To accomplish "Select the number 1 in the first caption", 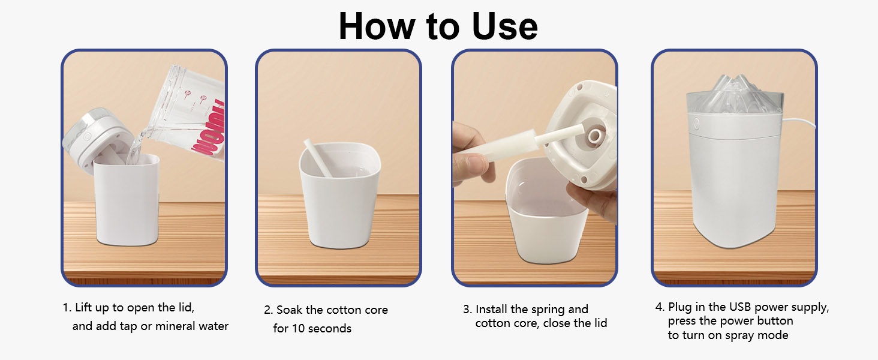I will tap(65, 308).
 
